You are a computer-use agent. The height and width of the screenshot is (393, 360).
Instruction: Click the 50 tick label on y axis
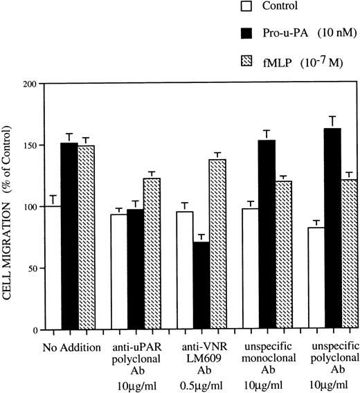31,268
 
